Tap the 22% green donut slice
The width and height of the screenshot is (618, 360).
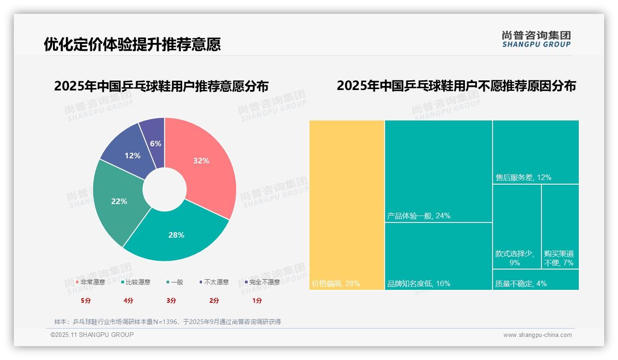click(119, 203)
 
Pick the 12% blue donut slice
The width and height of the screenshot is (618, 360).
click(129, 152)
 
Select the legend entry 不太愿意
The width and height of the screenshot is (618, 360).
click(216, 282)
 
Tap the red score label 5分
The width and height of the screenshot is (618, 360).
click(86, 300)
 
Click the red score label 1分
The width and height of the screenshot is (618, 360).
click(257, 300)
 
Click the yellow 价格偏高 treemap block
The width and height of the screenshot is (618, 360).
click(346, 205)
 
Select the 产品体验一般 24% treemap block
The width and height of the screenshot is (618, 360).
click(438, 171)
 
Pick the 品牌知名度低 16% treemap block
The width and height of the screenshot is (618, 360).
click(438, 256)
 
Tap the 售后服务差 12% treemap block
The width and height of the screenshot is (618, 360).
click(535, 152)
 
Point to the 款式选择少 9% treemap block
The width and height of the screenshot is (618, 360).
click(517, 226)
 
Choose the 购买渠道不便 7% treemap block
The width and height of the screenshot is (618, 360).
click(560, 226)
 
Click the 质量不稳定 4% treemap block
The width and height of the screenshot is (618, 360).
click(535, 280)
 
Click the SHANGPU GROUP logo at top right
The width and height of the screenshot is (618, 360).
click(536, 39)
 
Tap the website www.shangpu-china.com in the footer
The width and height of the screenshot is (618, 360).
click(537, 335)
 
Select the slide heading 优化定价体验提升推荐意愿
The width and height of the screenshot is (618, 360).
click(132, 44)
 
